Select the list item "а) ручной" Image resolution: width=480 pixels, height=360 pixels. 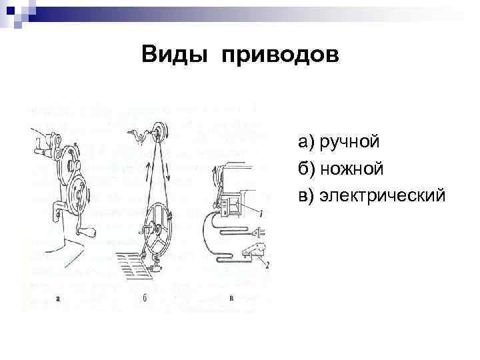coord(339,141)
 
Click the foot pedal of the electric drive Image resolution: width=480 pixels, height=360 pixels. coord(253,252)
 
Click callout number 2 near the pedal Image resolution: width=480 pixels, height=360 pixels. coord(267,265)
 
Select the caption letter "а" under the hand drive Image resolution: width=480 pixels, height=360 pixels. coord(59,298)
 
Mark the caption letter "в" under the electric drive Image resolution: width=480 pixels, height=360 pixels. coord(231,298)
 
